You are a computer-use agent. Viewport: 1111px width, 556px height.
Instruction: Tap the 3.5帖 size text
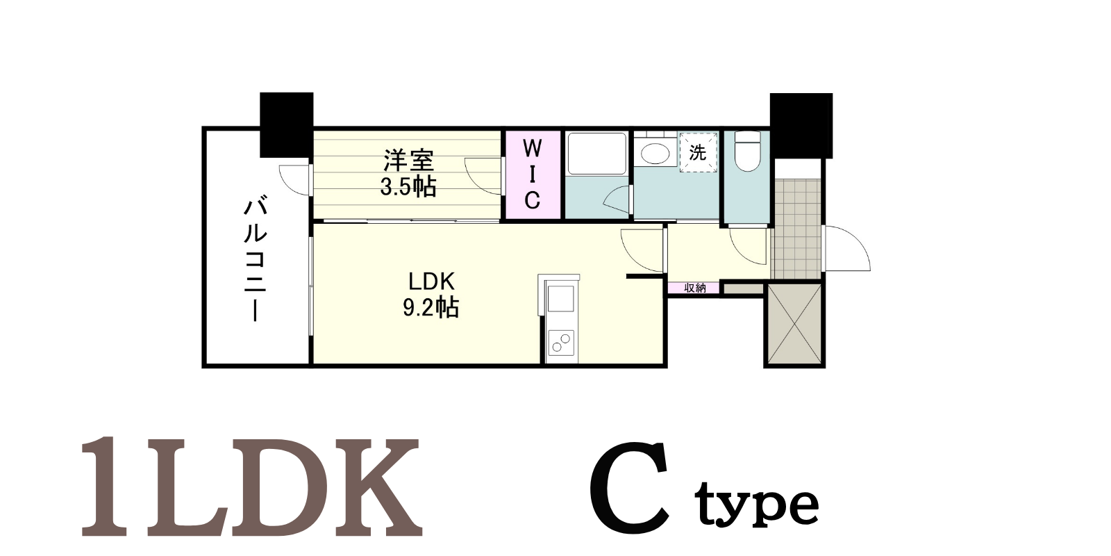click(x=408, y=187)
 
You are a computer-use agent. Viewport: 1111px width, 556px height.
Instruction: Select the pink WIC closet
click(x=532, y=174)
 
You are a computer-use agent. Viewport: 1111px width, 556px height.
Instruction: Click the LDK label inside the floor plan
click(x=431, y=281)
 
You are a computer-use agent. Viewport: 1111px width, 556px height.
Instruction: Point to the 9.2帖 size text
click(x=431, y=308)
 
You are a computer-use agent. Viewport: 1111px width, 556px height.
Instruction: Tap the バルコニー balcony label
click(x=256, y=261)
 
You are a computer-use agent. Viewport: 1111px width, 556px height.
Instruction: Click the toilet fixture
click(x=747, y=151)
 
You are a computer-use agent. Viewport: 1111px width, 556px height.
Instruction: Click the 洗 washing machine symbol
click(x=699, y=152)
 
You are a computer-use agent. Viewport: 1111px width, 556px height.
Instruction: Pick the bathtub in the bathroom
click(x=596, y=153)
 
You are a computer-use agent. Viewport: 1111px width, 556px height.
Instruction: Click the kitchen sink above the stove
click(x=561, y=298)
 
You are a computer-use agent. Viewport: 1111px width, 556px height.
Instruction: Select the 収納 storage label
click(x=694, y=288)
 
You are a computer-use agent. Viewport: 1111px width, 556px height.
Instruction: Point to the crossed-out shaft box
click(x=794, y=325)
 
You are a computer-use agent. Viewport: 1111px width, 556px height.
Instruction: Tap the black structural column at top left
click(x=287, y=125)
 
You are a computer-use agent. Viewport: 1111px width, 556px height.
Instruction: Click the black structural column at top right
click(x=801, y=125)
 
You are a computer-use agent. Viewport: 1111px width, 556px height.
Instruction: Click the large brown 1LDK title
click(x=251, y=486)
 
